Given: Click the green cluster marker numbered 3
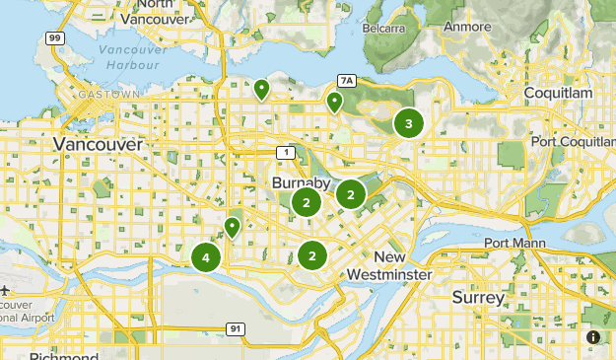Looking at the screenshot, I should [408, 123].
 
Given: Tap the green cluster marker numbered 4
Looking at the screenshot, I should [205, 257].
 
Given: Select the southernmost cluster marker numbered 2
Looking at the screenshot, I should [311, 255].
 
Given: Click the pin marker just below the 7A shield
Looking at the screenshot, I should [334, 101].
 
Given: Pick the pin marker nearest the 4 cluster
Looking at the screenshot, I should [232, 228].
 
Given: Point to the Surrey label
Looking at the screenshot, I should [478, 296].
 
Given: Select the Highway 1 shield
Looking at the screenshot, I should [284, 152].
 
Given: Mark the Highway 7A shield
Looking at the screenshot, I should [344, 80].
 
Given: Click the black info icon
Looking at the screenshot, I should [593, 337].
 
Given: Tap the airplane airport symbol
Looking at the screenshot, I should [7, 292].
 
